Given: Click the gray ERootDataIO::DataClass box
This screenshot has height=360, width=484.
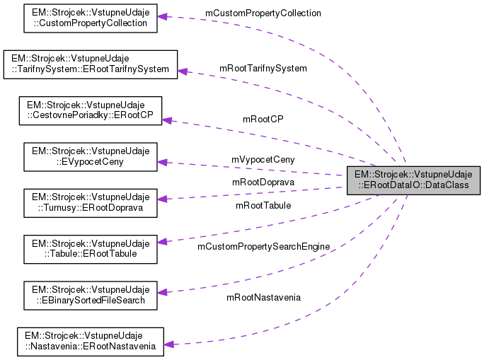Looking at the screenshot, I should point(413,180).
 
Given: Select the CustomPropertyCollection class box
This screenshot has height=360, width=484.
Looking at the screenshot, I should point(90,18).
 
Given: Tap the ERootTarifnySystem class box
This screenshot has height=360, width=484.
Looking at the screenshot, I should point(90,63).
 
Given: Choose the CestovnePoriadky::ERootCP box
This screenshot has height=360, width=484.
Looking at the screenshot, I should point(90,111).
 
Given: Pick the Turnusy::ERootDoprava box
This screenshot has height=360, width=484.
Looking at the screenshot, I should point(90,201).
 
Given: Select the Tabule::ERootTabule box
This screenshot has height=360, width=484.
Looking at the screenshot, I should point(90,248).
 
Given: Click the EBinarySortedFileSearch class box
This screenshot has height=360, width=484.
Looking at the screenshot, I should point(90,295).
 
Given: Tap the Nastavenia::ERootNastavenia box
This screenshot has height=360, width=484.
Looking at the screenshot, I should point(90,340).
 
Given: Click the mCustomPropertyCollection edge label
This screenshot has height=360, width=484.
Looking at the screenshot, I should point(263,13).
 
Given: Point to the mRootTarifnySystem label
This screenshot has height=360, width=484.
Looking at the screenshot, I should point(263,69).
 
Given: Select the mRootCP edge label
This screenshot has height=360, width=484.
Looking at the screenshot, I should point(263,119).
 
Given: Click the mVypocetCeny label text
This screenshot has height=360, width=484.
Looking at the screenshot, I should point(263,160).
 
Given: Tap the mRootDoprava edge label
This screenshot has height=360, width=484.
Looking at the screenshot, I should point(263,182).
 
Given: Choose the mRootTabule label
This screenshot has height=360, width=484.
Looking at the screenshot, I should point(263,206).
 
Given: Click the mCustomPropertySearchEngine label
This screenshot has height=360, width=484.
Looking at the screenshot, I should point(263,246).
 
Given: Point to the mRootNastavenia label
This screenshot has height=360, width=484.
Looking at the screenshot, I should point(263,297).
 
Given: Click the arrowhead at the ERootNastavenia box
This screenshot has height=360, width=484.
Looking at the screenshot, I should point(169,344).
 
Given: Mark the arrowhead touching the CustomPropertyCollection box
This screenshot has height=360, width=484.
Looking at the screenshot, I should point(162,16).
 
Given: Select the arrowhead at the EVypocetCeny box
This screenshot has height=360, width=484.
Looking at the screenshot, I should point(162,162).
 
